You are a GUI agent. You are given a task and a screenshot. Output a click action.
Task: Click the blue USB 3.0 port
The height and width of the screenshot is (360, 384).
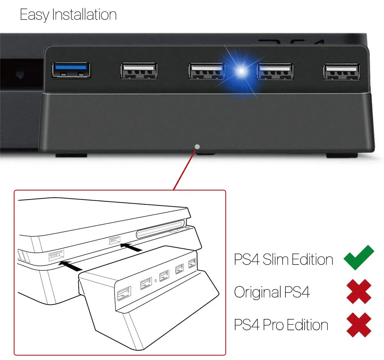pyautogui.click(x=71, y=70)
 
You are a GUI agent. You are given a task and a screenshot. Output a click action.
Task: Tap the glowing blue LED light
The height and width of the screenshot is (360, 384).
pyautogui.click(x=241, y=71)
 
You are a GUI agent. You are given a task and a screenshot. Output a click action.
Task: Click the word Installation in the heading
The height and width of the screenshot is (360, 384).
pyautogui.click(x=84, y=14)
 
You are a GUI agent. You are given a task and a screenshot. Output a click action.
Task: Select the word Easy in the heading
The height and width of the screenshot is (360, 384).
pyautogui.click(x=35, y=15)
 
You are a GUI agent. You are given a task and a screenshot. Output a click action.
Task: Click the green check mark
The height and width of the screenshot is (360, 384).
pyautogui.click(x=359, y=258)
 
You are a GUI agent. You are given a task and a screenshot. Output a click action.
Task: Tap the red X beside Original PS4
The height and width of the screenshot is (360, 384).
pyautogui.click(x=359, y=291)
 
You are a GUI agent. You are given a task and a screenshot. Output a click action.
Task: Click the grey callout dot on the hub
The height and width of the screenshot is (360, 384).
pyautogui.click(x=197, y=147)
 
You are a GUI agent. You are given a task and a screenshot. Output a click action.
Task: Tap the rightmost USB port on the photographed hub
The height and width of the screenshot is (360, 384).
pyautogui.click(x=341, y=71)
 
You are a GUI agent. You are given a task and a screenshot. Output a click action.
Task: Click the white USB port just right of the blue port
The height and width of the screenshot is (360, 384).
pyautogui.click(x=139, y=70)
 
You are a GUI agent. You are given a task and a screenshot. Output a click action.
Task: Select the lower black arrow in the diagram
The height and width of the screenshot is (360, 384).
pyautogui.click(x=70, y=266)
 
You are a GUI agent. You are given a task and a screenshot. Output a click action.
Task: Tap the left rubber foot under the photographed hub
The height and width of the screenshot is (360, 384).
pyautogui.click(x=71, y=155)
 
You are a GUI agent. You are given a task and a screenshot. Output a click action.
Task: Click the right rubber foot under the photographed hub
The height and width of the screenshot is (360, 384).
pyautogui.click(x=342, y=155)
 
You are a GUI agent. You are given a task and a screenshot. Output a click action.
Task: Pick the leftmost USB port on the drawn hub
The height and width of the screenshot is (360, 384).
pyautogui.click(x=124, y=293)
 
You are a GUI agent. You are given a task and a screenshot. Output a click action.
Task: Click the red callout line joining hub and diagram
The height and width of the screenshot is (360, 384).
pyautogui.click(x=185, y=170)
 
